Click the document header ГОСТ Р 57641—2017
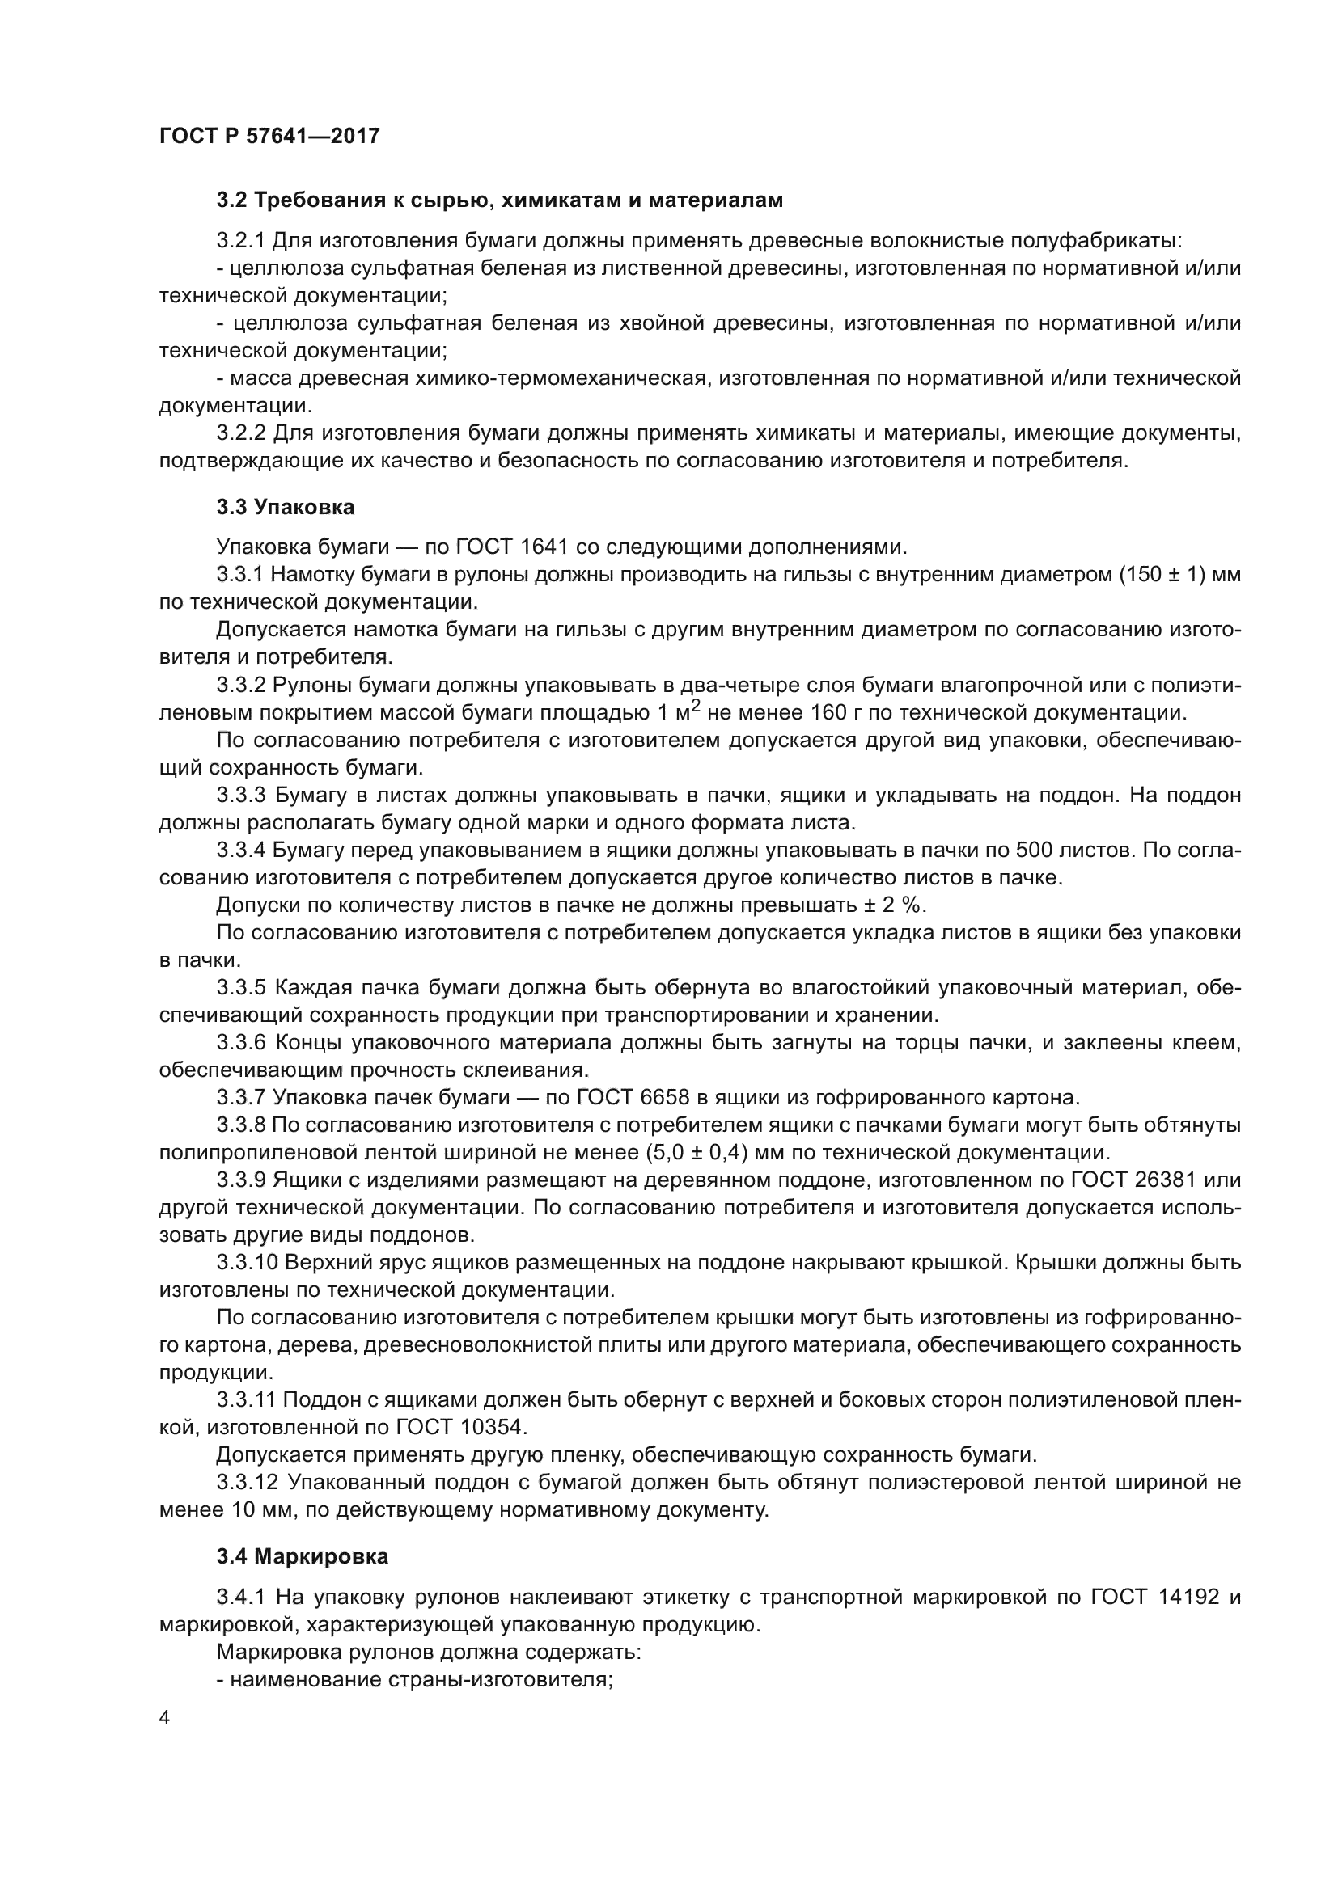pos(269,136)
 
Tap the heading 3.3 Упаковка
pos(285,508)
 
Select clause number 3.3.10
pos(248,1263)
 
